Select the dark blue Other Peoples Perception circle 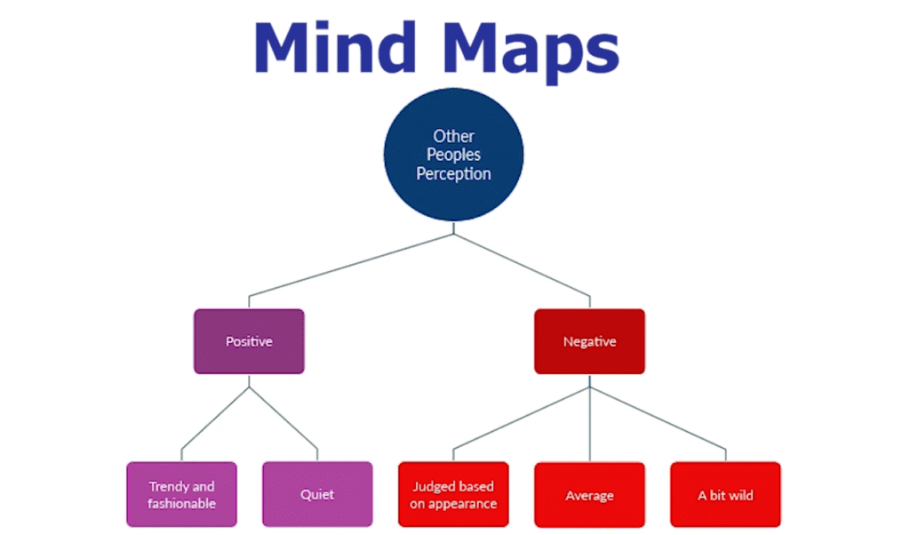[x=453, y=155]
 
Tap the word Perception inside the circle [x=453, y=174]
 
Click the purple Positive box [x=249, y=341]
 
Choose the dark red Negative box [x=589, y=341]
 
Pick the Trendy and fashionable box [x=181, y=495]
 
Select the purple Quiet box [x=317, y=495]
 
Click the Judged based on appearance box [x=453, y=495]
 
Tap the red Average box [x=589, y=495]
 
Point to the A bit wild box [x=725, y=495]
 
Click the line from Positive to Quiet [x=284, y=418]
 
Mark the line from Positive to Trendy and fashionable [x=214, y=418]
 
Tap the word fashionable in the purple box [x=181, y=504]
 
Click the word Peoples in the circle [x=453, y=155]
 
